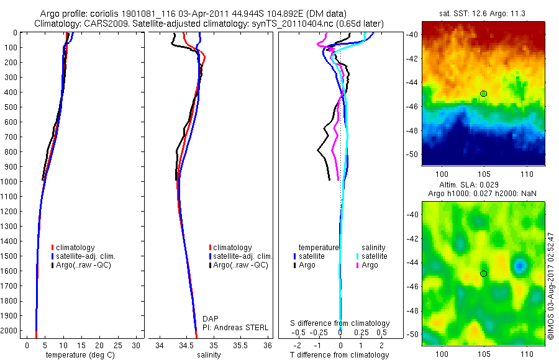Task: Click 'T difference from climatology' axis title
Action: pyautogui.click(x=340, y=355)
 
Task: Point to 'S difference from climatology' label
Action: pyautogui.click(x=340, y=323)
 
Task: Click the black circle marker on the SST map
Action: pyautogui.click(x=483, y=93)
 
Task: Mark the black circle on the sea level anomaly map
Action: pyautogui.click(x=483, y=273)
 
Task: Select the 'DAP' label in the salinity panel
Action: pyautogui.click(x=211, y=318)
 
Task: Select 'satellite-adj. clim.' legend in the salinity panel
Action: pyautogui.click(x=242, y=256)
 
